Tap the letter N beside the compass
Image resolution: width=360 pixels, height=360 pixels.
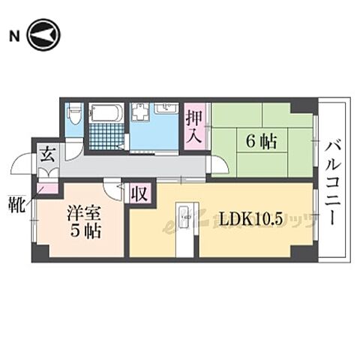pyautogui.click(x=13, y=35)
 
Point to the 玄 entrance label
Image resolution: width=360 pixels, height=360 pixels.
pyautogui.click(x=46, y=156)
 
